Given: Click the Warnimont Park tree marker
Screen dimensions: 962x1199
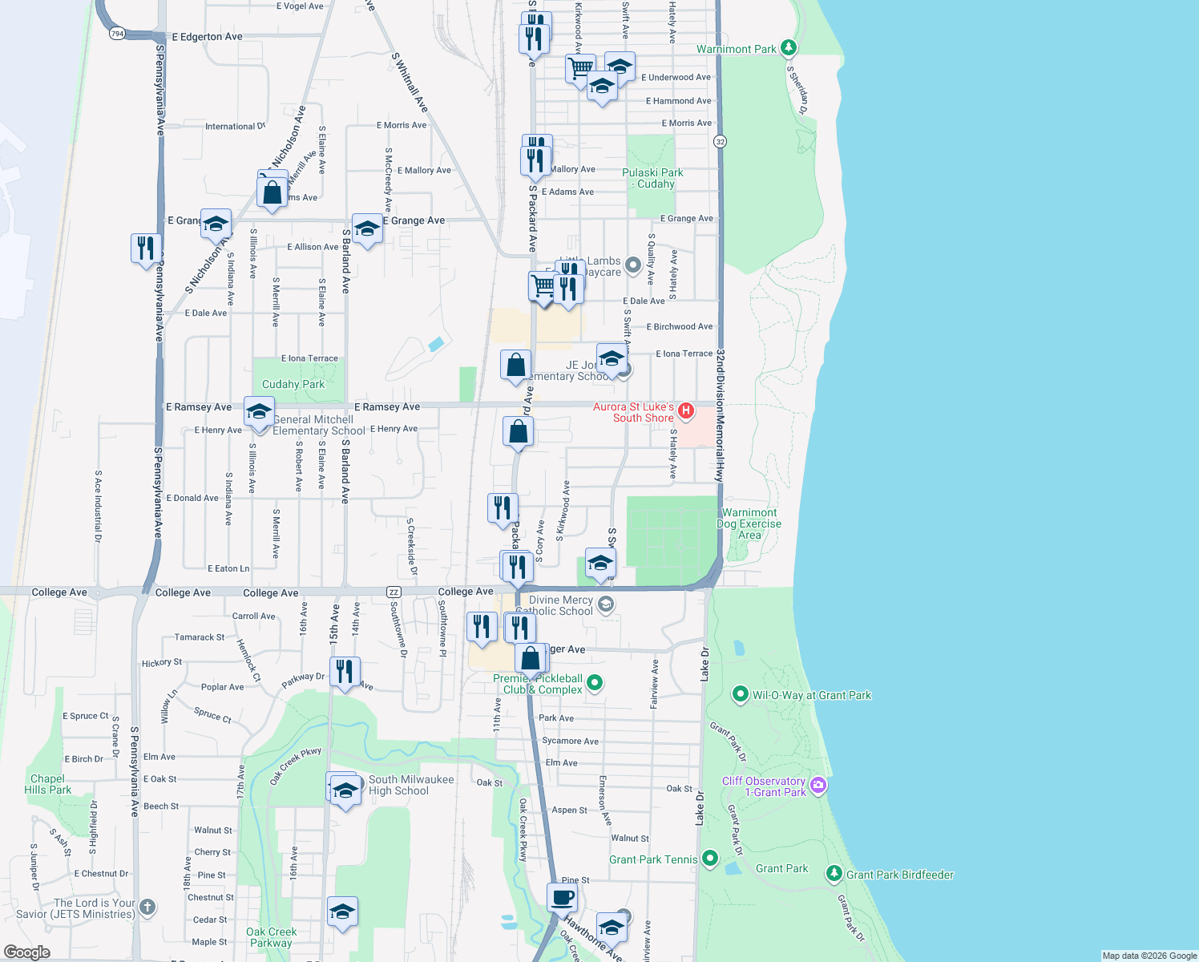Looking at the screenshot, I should [789, 48].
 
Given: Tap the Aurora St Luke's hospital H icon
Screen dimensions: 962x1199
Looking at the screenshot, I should [685, 411].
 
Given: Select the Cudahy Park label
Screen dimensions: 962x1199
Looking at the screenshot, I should [293, 384].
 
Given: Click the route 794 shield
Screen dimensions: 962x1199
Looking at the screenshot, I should [118, 34].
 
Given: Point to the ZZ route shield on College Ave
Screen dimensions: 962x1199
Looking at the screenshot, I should [394, 592].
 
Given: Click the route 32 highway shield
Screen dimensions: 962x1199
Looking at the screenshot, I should [720, 142].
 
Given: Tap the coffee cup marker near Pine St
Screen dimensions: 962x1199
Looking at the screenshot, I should [562, 897].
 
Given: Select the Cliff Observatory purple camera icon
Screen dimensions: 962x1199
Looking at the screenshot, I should [818, 785].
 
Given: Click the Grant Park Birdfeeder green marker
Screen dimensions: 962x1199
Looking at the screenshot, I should [834, 874].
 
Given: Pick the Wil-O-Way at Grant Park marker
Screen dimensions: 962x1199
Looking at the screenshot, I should [741, 694].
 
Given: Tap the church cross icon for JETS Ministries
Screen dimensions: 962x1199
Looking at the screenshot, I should [147, 907].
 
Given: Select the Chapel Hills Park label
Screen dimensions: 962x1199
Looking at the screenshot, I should [48, 784].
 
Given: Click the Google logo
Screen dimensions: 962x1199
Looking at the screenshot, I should [27, 952].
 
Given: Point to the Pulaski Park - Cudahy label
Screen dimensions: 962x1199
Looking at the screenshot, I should [652, 178].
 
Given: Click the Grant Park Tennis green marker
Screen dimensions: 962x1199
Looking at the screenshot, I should [710, 859].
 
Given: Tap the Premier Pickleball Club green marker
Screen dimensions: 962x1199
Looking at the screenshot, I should [595, 683].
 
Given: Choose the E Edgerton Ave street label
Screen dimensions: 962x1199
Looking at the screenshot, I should [207, 37].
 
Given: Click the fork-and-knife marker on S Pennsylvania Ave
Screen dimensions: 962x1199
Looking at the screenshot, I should [146, 248].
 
